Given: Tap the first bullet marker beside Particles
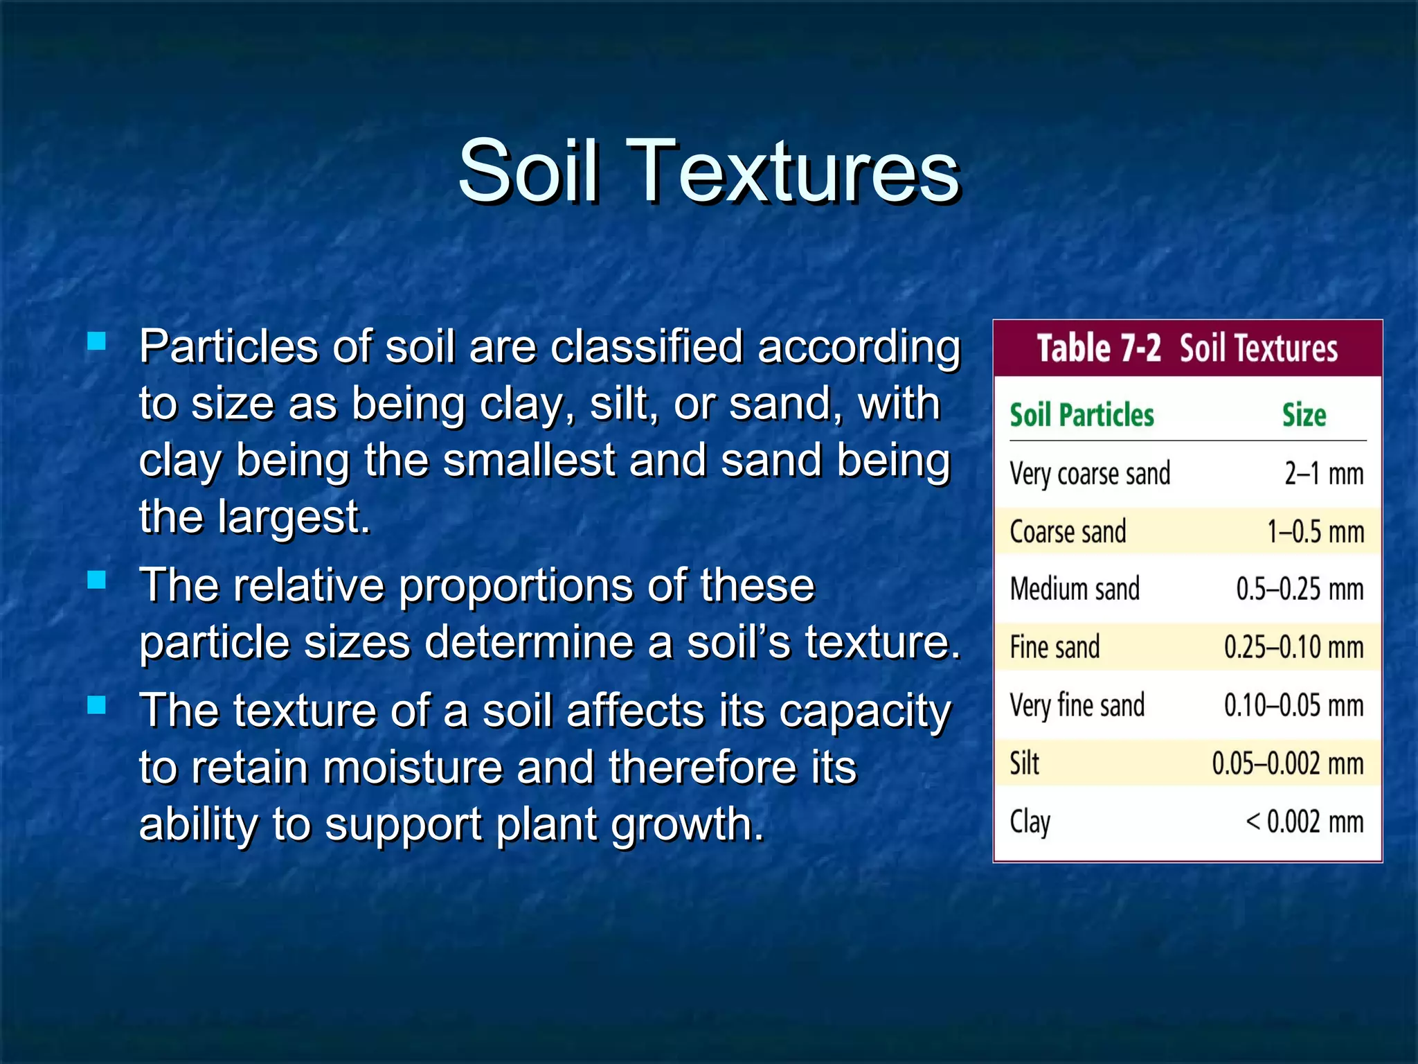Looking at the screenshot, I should coord(97,341).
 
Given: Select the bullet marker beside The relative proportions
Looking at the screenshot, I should coord(97,580).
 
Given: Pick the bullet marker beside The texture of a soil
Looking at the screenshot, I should coord(97,705).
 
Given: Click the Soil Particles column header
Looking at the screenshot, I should coord(1082,415).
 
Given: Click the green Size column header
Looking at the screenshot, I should coord(1304,415).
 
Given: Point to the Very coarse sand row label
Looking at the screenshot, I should coord(1090,475).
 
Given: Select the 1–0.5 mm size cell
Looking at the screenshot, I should coord(1316,532).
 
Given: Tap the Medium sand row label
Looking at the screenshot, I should coord(1075,589).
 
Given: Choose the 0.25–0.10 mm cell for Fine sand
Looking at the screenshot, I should coord(1293,647).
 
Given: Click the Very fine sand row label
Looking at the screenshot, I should coord(1077,705).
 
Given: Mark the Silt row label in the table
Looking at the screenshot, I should coord(1024,763).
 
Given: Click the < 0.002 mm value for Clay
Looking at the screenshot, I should coord(1304,822).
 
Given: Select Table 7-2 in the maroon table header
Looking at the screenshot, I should coord(1098,348).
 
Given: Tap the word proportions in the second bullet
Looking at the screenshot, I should coord(517,586).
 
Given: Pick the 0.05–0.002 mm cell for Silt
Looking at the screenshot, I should coord(1287,763).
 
